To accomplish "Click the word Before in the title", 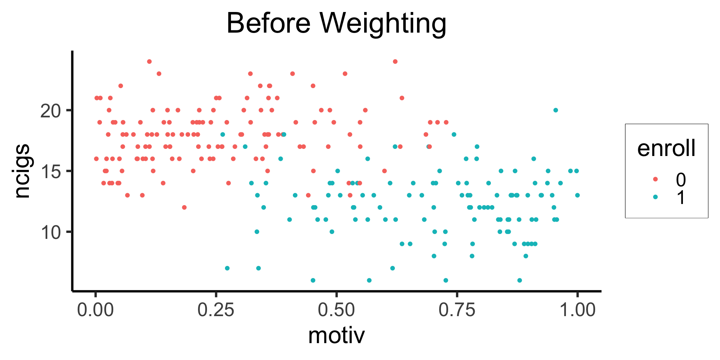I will tap(268, 23).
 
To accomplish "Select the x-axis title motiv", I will tap(336, 335).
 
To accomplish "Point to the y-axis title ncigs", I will tap(22, 171).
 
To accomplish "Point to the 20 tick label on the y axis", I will tap(50, 111).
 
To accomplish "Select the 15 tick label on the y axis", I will tap(50, 171).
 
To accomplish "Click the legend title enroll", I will tap(666, 148).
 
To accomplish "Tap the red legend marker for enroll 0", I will tap(655, 179).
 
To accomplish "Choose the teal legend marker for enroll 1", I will tap(655, 197).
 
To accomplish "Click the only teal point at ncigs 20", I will tap(556, 110).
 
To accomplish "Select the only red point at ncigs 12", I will tap(184, 207).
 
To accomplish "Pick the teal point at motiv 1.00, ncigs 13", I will tap(577, 195).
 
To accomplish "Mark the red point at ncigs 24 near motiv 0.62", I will tap(395, 61).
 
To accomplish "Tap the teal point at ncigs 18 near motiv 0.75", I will tap(454, 135).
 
